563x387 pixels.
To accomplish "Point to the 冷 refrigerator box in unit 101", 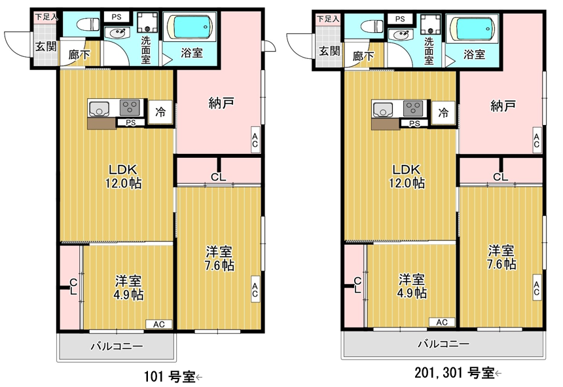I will tap(160, 112).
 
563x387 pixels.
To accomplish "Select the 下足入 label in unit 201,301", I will tap(328, 19).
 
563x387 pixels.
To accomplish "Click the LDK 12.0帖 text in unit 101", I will tap(127, 175).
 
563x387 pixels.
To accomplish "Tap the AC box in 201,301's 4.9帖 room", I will tap(442, 322).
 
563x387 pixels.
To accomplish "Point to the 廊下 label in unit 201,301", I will tap(363, 56).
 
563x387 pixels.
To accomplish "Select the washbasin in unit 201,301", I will tap(399, 35).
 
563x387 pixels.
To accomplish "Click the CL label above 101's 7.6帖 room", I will tap(219, 176).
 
